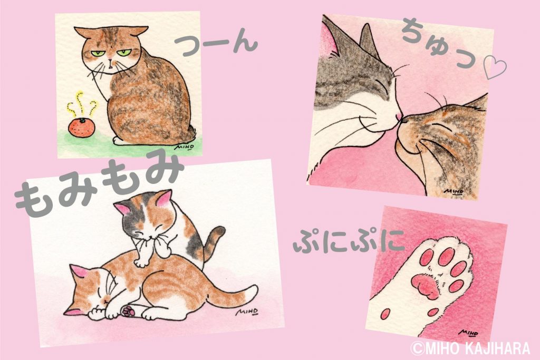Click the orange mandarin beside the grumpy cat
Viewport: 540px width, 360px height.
point(82,128)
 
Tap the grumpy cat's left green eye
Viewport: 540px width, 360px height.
point(97,54)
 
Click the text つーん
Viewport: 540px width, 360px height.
point(216,45)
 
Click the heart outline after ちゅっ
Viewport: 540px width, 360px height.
point(495,68)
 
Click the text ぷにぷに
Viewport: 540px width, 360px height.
point(348,240)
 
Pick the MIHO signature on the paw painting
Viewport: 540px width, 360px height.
point(469,333)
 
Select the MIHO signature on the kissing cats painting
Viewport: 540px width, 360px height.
point(454,191)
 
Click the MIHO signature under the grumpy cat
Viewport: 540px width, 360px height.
point(184,147)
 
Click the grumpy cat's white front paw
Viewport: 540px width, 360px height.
point(119,141)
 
